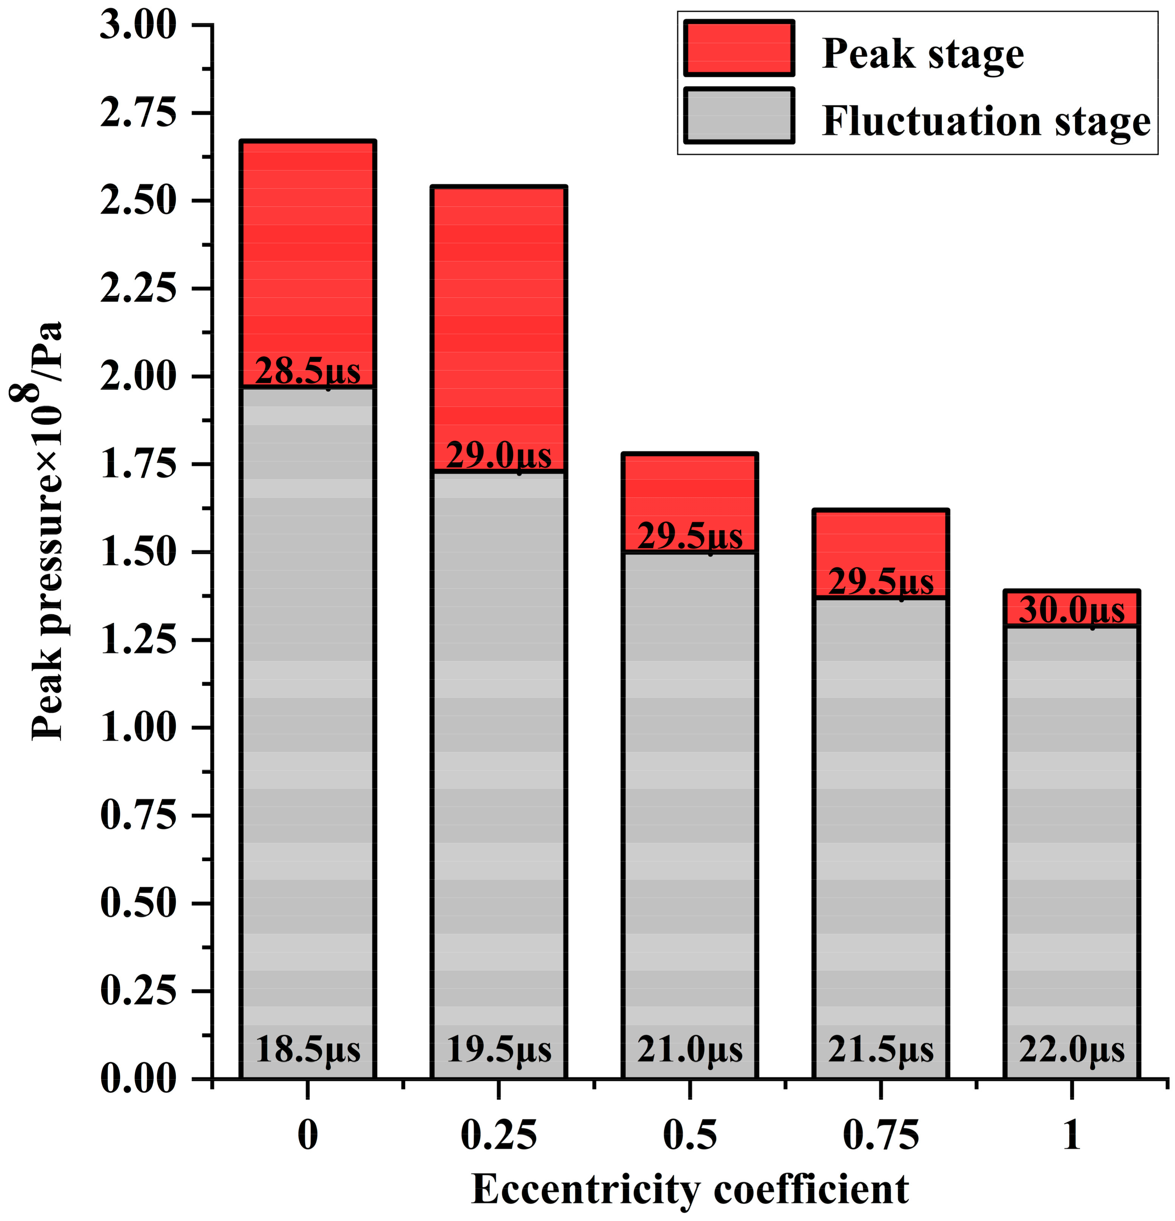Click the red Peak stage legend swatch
(738, 48)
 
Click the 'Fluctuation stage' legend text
(986, 121)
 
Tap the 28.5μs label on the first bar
(308, 372)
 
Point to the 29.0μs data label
(499, 456)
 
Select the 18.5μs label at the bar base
(308, 1050)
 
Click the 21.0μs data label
(690, 1050)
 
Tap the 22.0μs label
(1072, 1050)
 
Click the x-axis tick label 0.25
(498, 1135)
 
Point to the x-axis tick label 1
(1072, 1135)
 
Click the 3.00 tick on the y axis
(138, 26)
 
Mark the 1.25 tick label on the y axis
(138, 640)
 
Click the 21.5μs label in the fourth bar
(880, 1050)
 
